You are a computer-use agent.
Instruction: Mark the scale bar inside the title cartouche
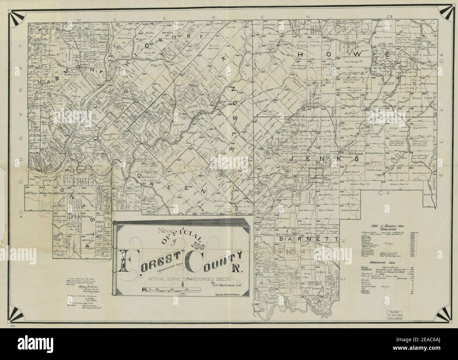(x=171, y=290)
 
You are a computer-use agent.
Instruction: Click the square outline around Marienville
(x=316, y=175)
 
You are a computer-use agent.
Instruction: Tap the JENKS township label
(x=324, y=159)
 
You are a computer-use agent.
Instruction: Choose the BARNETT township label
(x=309, y=239)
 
